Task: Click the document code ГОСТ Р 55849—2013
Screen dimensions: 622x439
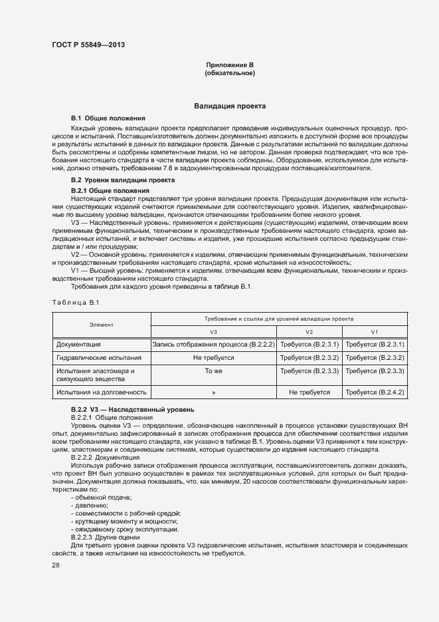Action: point(88,45)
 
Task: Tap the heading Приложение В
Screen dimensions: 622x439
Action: point(230,65)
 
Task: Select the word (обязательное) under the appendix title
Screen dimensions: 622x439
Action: point(230,73)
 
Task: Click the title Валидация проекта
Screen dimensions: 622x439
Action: point(230,106)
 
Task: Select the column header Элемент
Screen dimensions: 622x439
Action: point(102,325)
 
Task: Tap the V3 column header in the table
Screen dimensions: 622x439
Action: point(213,331)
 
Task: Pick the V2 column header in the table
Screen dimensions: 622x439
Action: point(309,331)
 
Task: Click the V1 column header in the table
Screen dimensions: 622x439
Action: point(375,331)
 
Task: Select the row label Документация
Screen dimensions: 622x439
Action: point(78,345)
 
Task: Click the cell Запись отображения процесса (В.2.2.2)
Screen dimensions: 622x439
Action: point(213,345)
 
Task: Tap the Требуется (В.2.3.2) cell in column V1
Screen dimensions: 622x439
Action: point(375,358)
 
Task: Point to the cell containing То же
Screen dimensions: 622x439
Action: point(213,371)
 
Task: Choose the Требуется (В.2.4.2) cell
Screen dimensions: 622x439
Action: point(375,392)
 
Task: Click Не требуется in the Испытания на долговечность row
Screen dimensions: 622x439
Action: point(309,392)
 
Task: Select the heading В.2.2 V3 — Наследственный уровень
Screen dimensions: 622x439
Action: point(132,409)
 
